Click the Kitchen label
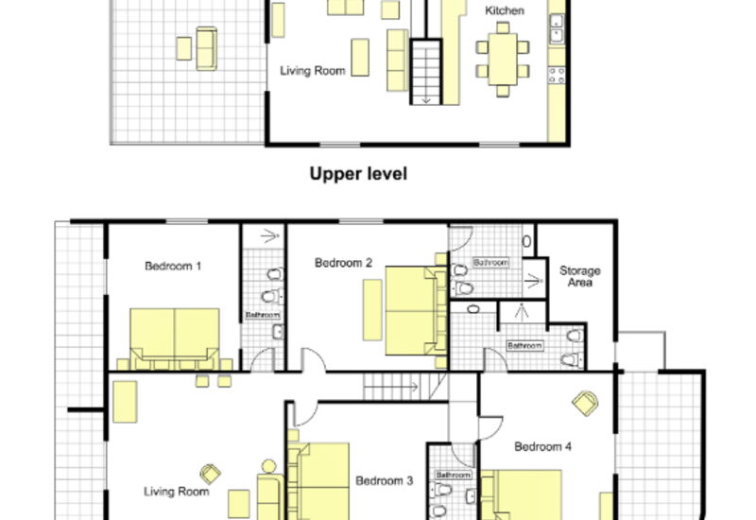[x=505, y=10]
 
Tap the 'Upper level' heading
[x=358, y=174]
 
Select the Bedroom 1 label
[x=173, y=266]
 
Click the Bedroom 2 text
[x=343, y=263]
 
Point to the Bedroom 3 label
[x=385, y=481]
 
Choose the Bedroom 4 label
[x=542, y=446]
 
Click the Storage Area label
[x=580, y=276]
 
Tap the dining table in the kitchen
[x=503, y=60]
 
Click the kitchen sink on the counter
[x=557, y=28]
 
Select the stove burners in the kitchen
[x=557, y=75]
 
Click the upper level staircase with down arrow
[x=426, y=72]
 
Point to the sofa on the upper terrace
[x=206, y=49]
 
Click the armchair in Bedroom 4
[x=585, y=404]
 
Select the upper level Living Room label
[x=313, y=71]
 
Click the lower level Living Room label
[x=177, y=492]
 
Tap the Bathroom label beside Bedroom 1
[x=263, y=315]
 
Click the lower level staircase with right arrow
[x=405, y=387]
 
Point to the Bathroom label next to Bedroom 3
[x=454, y=476]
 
